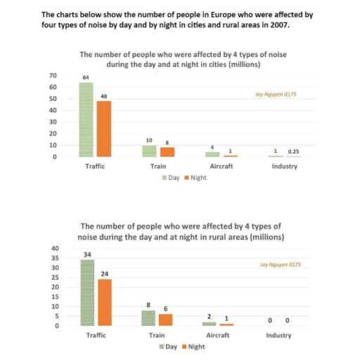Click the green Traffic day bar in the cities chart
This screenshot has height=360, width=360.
click(86, 120)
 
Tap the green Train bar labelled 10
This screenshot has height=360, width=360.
click(149, 150)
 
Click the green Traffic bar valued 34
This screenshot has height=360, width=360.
click(87, 292)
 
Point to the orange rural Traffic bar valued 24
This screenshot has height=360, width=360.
click(105, 302)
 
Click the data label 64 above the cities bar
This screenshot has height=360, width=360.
click(86, 77)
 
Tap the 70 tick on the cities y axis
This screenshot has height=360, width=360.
click(53, 75)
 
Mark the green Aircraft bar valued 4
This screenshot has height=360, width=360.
click(212, 154)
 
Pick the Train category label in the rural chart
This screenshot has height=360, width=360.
click(158, 335)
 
